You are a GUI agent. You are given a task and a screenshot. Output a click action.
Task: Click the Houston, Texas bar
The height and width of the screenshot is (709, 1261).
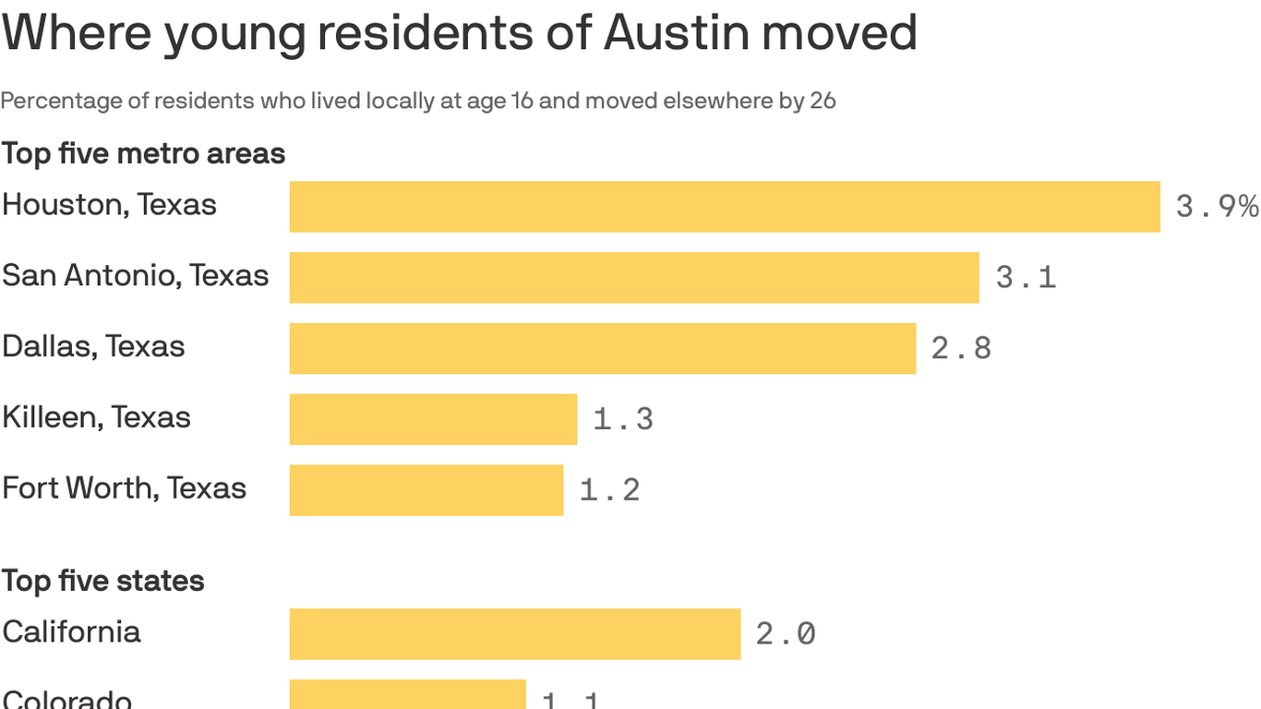click(x=725, y=207)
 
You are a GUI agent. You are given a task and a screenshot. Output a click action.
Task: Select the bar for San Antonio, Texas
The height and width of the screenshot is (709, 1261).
click(x=634, y=277)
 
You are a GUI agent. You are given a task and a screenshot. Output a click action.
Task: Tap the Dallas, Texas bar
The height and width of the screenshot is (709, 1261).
click(x=603, y=348)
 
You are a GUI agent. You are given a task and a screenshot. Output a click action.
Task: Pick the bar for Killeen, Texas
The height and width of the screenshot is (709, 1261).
click(x=433, y=419)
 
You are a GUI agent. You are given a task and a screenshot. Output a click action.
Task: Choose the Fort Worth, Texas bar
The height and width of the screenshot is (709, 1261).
click(x=426, y=490)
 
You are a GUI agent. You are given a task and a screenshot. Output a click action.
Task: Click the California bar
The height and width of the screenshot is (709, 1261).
click(x=515, y=634)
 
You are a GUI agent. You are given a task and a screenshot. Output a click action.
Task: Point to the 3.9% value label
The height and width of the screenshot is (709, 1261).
click(x=1217, y=207)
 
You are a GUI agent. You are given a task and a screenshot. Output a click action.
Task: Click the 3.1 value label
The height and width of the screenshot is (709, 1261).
click(x=1026, y=277)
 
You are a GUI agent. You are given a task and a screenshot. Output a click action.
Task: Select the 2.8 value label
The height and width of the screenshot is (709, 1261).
click(x=961, y=348)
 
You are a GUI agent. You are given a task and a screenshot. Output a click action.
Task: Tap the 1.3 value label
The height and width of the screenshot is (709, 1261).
click(x=623, y=419)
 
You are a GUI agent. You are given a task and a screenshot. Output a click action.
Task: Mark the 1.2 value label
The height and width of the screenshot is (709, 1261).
click(x=609, y=490)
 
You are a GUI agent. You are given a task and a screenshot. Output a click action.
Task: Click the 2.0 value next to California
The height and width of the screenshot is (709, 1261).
click(x=786, y=634)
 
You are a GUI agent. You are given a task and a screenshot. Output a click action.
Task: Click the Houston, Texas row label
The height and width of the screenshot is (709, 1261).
click(x=109, y=205)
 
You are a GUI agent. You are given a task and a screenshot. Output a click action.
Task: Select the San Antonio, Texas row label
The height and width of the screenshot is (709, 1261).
click(x=135, y=275)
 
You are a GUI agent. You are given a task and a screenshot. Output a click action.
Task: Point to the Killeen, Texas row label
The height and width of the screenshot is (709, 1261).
click(x=96, y=417)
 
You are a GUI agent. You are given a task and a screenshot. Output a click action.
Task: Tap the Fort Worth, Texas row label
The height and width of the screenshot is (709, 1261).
click(x=124, y=487)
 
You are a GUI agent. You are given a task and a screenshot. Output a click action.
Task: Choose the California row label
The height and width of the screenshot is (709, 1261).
click(x=71, y=632)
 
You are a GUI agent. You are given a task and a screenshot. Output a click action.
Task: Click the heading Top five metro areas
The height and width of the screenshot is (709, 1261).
click(x=143, y=153)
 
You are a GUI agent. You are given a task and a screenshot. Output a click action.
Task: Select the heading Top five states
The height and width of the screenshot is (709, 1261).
click(x=102, y=581)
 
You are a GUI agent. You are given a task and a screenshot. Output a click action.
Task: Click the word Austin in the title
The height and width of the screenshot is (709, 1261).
click(x=677, y=33)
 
